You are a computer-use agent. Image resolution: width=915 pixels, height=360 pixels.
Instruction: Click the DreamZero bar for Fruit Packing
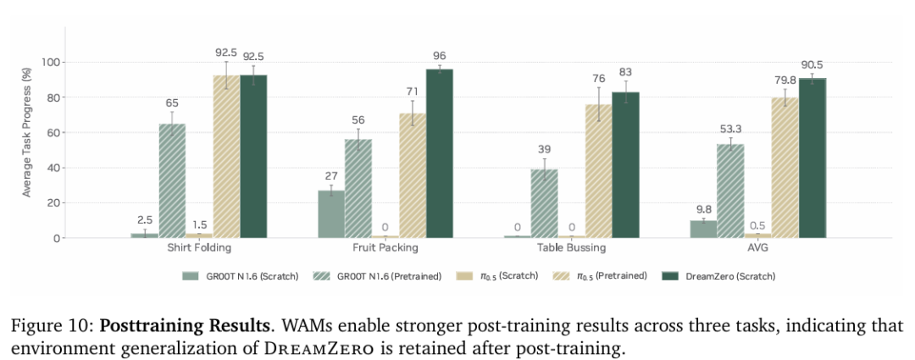point(439,153)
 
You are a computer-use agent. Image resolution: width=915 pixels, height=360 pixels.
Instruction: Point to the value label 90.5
point(812,64)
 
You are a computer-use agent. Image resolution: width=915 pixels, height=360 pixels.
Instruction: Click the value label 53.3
point(730,128)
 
